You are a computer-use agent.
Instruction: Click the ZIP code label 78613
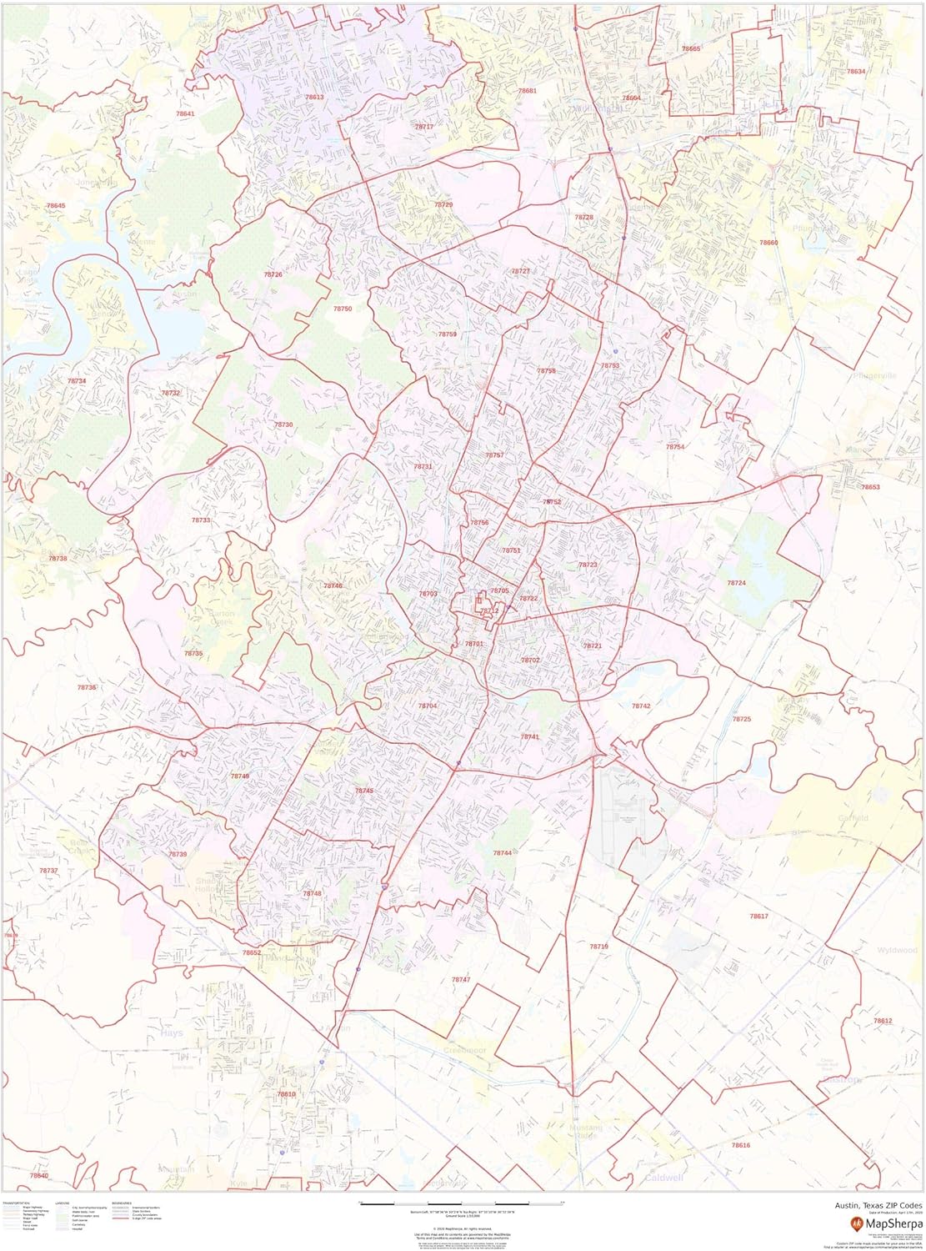click(x=314, y=98)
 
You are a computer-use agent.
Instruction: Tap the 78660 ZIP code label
click(x=768, y=242)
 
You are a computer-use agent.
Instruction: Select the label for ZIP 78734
click(x=77, y=381)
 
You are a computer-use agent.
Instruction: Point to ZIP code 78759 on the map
click(x=448, y=334)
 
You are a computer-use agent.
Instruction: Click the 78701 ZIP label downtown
click(x=474, y=644)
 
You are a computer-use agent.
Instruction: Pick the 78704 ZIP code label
click(x=428, y=706)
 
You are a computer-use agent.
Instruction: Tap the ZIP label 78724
click(x=736, y=583)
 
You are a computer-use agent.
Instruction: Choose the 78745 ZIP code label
click(x=364, y=791)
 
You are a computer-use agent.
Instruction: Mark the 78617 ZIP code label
click(x=758, y=916)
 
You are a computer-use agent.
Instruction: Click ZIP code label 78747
click(x=461, y=979)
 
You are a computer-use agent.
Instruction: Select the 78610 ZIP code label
click(x=286, y=1093)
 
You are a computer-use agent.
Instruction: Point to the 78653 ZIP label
click(x=870, y=487)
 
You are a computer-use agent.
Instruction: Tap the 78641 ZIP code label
click(x=185, y=113)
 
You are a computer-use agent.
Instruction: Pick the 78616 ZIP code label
click(x=740, y=1145)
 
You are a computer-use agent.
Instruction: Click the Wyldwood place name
click(x=897, y=950)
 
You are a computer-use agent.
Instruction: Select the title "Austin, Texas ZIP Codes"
click(x=878, y=1205)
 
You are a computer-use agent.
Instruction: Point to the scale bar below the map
click(x=461, y=1203)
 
